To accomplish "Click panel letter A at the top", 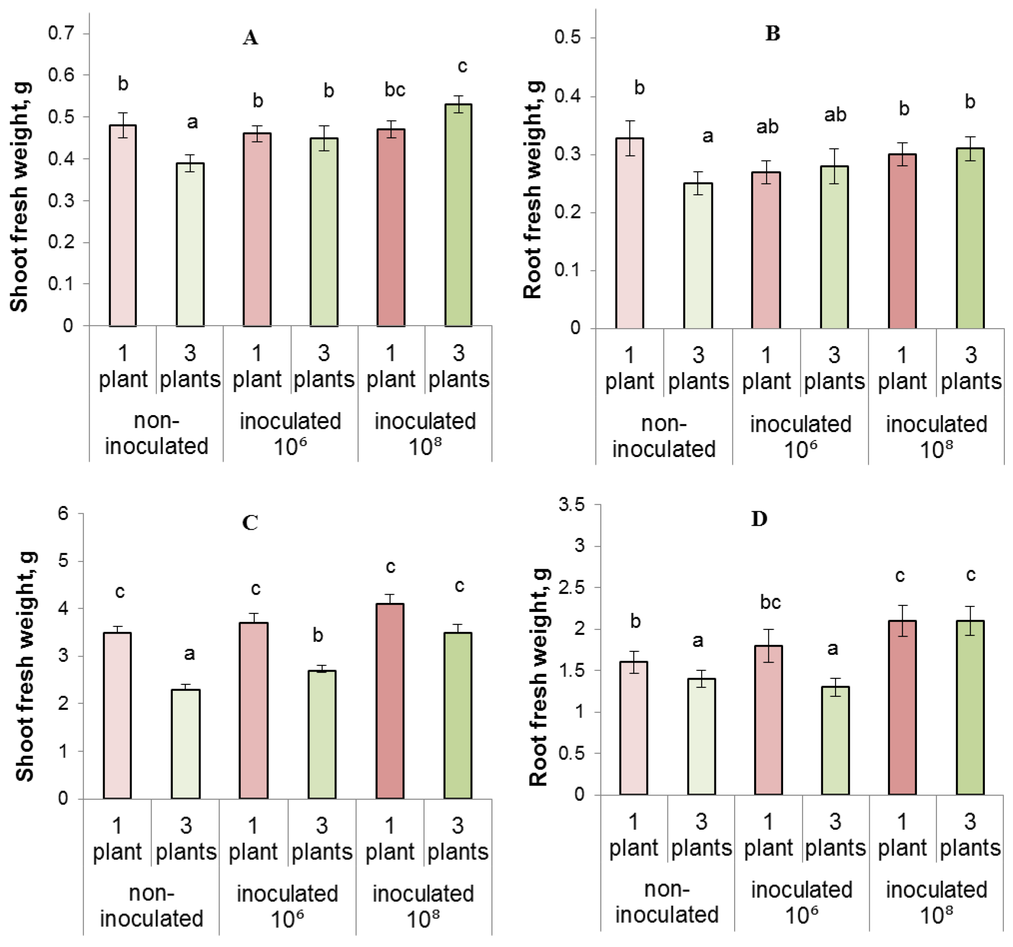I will pyautogui.click(x=250, y=38).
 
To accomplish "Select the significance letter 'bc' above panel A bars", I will pyautogui.click(x=394, y=90).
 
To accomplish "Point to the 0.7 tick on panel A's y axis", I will pyautogui.click(x=61, y=34).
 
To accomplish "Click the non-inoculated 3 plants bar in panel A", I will pyautogui.click(x=190, y=245).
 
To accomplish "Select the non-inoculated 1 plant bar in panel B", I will pyautogui.click(x=629, y=233).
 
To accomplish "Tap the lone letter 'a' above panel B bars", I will pyautogui.click(x=707, y=136).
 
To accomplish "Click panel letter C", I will pyautogui.click(x=250, y=523).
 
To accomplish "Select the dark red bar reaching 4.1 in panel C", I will pyautogui.click(x=390, y=701).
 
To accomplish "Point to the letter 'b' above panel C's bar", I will pyautogui.click(x=317, y=635).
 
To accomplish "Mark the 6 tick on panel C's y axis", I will pyautogui.click(x=63, y=513).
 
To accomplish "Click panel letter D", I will pyautogui.click(x=759, y=519).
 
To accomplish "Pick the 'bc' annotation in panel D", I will pyautogui.click(x=770, y=602).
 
